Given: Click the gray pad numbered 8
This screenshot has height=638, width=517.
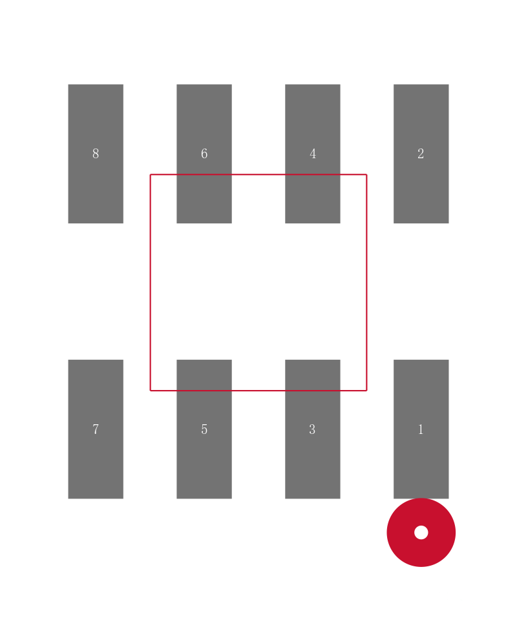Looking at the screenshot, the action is (x=96, y=154).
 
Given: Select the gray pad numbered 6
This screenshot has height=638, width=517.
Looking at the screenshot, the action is (x=204, y=154).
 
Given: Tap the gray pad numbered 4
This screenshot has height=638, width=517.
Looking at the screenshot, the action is (x=313, y=154).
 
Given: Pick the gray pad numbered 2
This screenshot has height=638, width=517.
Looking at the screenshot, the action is (x=421, y=154).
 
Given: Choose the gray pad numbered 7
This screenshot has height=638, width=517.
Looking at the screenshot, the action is (x=96, y=429).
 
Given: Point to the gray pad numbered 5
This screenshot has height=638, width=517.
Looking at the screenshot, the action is (x=204, y=429).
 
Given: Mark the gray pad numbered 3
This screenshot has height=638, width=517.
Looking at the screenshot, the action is (x=313, y=429).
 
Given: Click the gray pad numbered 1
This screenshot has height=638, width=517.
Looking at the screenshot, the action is (x=421, y=429).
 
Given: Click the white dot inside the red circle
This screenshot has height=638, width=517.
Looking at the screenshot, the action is (x=421, y=532).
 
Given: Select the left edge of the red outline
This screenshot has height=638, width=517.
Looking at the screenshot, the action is (x=151, y=282).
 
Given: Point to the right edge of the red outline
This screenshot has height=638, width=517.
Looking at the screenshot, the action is (x=367, y=282).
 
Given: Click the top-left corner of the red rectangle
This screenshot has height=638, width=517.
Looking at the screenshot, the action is (x=151, y=174).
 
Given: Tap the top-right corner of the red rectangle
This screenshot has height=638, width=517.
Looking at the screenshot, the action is (x=367, y=174).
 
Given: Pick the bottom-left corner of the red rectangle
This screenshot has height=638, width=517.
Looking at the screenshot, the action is (x=151, y=391).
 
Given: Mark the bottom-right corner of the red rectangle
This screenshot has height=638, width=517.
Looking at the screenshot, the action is (x=367, y=391).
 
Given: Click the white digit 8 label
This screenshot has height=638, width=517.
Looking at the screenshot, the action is (x=96, y=154).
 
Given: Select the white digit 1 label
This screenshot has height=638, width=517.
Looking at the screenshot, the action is (x=421, y=429).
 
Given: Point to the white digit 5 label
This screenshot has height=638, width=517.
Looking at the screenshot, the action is (x=204, y=429).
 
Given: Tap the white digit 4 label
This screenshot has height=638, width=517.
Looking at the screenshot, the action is (x=313, y=154).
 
